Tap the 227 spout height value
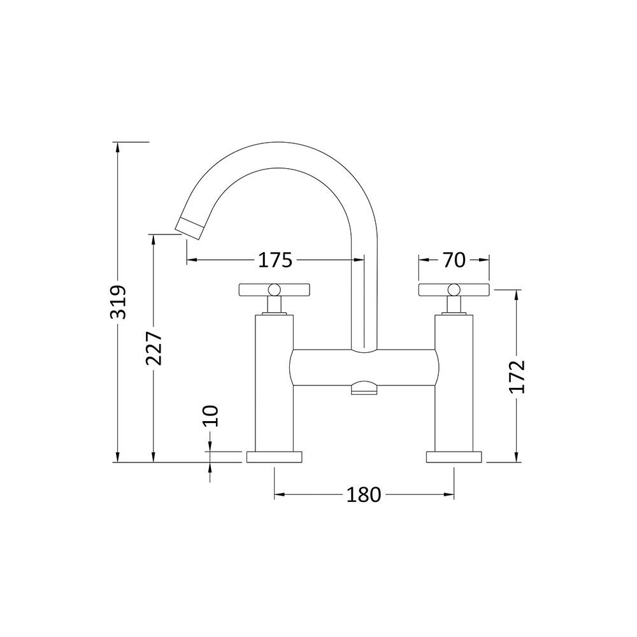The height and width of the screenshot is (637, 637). [154, 348]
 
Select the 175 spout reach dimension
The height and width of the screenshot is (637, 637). [275, 260]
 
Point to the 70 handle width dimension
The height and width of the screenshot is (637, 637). [454, 259]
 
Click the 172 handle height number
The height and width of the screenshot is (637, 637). [517, 376]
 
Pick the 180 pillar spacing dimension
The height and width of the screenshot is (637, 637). [363, 494]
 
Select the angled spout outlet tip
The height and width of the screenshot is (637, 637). [189, 226]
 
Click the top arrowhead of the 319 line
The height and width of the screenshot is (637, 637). [118, 146]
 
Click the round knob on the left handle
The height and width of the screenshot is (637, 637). [274, 290]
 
